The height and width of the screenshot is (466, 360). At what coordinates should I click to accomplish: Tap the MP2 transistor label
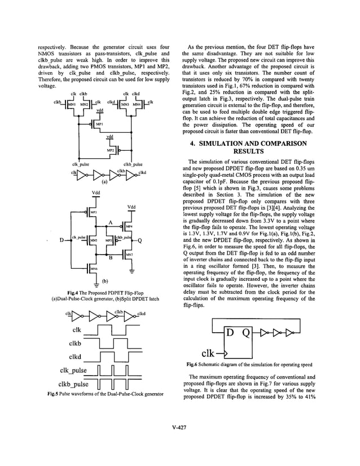[111, 151]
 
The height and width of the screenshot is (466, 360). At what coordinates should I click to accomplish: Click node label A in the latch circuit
[111, 221]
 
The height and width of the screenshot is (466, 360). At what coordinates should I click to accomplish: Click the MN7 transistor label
[129, 255]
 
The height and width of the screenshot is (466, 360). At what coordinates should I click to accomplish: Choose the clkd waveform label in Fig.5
[76, 356]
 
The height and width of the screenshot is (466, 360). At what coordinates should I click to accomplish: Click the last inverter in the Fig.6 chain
[290, 332]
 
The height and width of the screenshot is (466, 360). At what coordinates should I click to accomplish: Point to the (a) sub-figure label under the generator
[104, 182]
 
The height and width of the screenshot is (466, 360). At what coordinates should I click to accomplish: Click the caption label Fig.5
[51, 393]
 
